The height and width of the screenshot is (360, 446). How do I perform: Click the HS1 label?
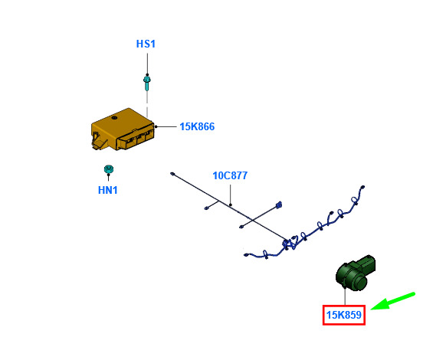pos(146,44)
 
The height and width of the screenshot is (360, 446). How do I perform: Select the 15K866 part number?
pos(197,126)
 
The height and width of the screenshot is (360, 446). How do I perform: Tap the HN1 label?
pos(108,190)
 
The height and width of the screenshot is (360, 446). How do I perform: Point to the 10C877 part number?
pos(230,175)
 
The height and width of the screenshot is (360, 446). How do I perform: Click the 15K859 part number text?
pos(344,315)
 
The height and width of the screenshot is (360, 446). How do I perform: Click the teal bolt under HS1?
pos(147,83)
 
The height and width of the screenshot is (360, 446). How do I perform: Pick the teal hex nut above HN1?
pos(109,169)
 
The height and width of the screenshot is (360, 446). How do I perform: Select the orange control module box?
pos(123,129)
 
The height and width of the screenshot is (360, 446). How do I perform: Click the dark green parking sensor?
pos(356,273)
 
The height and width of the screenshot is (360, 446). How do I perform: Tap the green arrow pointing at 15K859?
pos(393,301)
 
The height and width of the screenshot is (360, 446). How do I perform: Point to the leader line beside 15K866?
pos(166,126)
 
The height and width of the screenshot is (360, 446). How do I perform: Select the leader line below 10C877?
pos(231,195)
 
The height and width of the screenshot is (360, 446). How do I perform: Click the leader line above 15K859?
pos(345,296)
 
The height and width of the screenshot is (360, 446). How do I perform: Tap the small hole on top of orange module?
pos(114,118)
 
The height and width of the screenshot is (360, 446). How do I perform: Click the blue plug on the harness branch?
pos(278,205)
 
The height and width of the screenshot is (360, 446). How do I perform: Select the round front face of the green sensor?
pos(360,283)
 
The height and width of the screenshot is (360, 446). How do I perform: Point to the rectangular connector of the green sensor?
pos(368,263)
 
